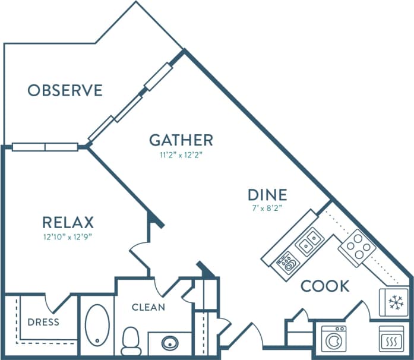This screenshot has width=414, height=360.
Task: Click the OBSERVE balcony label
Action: (65, 90)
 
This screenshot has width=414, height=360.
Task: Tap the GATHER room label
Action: (181, 140)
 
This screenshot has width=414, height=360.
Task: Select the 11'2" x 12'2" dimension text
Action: (181, 156)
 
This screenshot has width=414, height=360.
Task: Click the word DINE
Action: (267, 194)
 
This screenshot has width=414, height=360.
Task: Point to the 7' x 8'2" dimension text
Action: (267, 209)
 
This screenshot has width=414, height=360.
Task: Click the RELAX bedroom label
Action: (68, 223)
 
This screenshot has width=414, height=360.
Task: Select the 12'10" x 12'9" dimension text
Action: (68, 236)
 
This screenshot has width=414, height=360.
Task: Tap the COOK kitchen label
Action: (325, 286)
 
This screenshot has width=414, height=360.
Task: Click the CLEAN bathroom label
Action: (148, 307)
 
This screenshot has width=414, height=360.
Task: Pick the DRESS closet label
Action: (43, 323)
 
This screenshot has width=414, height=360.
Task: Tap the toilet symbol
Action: (129, 340)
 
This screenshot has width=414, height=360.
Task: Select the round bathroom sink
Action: (170, 343)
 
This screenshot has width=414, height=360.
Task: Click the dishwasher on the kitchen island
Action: (287, 261)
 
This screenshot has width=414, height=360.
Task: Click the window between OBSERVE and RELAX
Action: (45, 147)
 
